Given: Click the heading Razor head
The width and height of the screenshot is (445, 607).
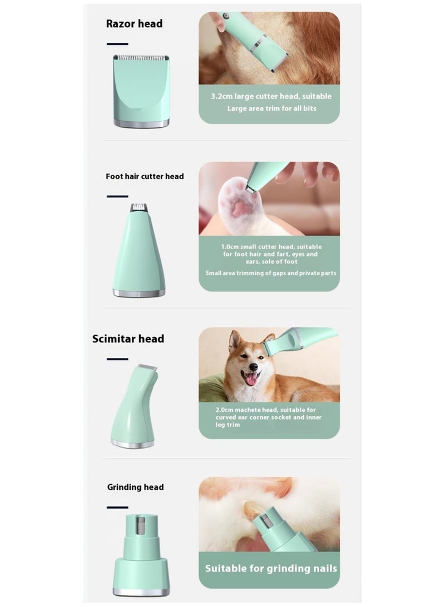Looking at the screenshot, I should point(134,24).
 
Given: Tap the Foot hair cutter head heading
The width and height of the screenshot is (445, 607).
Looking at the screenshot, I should point(145,176).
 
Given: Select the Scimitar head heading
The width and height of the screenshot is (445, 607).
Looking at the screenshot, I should point(128,339).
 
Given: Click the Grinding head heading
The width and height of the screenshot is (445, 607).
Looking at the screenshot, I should point(135,487).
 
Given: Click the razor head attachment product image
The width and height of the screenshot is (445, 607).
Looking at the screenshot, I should point(141,92).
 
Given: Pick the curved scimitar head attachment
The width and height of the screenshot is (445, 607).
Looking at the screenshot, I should point(133,406).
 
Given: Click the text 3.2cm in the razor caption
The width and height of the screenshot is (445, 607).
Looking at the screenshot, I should point(221,96).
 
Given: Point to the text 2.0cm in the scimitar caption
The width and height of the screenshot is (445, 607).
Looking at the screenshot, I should point(226,410).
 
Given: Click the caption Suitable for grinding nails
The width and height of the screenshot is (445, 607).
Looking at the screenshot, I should point(271,568).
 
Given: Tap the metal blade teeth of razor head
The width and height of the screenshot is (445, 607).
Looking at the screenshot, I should point(141,57).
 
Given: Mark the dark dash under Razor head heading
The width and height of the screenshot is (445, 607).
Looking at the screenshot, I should point(117,43).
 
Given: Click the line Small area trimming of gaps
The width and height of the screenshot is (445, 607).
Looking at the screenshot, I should point(270,273).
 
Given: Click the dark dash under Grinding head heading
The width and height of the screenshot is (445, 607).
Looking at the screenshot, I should point(117,507).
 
